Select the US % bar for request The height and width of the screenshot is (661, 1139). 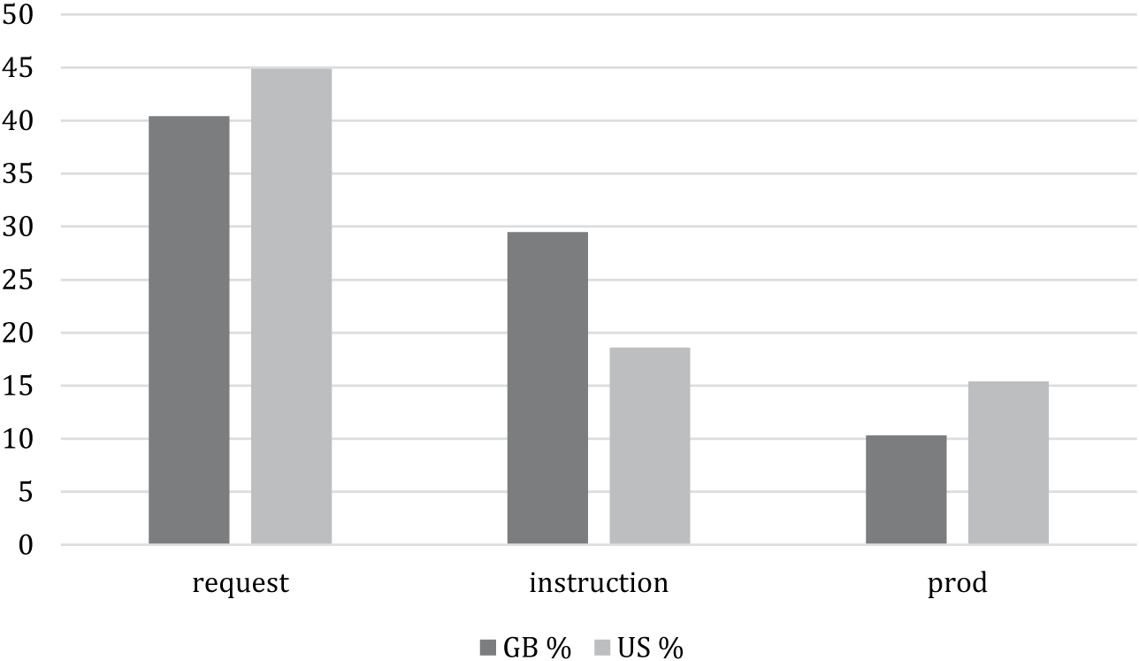291,306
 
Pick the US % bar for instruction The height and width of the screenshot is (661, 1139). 650,446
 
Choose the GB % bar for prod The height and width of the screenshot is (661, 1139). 906,489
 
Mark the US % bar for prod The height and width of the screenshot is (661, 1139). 1008,463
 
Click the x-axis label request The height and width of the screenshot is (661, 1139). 241,585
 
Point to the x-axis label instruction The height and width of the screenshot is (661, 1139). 599,585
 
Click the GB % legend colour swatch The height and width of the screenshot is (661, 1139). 488,649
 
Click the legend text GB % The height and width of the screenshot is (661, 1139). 537,649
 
